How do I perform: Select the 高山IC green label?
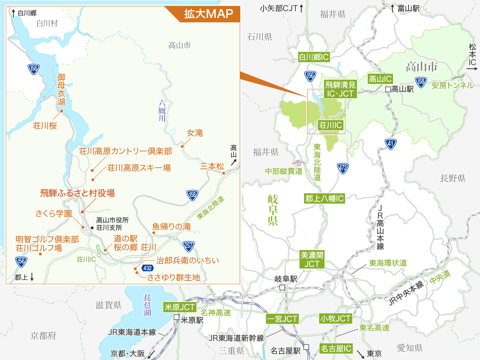(x=380, y=79)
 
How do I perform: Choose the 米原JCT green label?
(x=180, y=307)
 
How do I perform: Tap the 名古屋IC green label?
(x=336, y=349)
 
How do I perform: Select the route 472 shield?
(x=343, y=168)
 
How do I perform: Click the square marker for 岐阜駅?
(x=282, y=288)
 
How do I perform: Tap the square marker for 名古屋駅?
(x=306, y=347)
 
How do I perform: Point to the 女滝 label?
(x=195, y=133)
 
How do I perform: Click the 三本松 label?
(x=212, y=166)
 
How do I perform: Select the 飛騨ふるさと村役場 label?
(x=77, y=194)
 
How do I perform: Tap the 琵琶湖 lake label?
(x=148, y=305)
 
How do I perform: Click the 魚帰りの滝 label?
(x=171, y=226)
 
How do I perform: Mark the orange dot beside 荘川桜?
(x=62, y=112)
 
